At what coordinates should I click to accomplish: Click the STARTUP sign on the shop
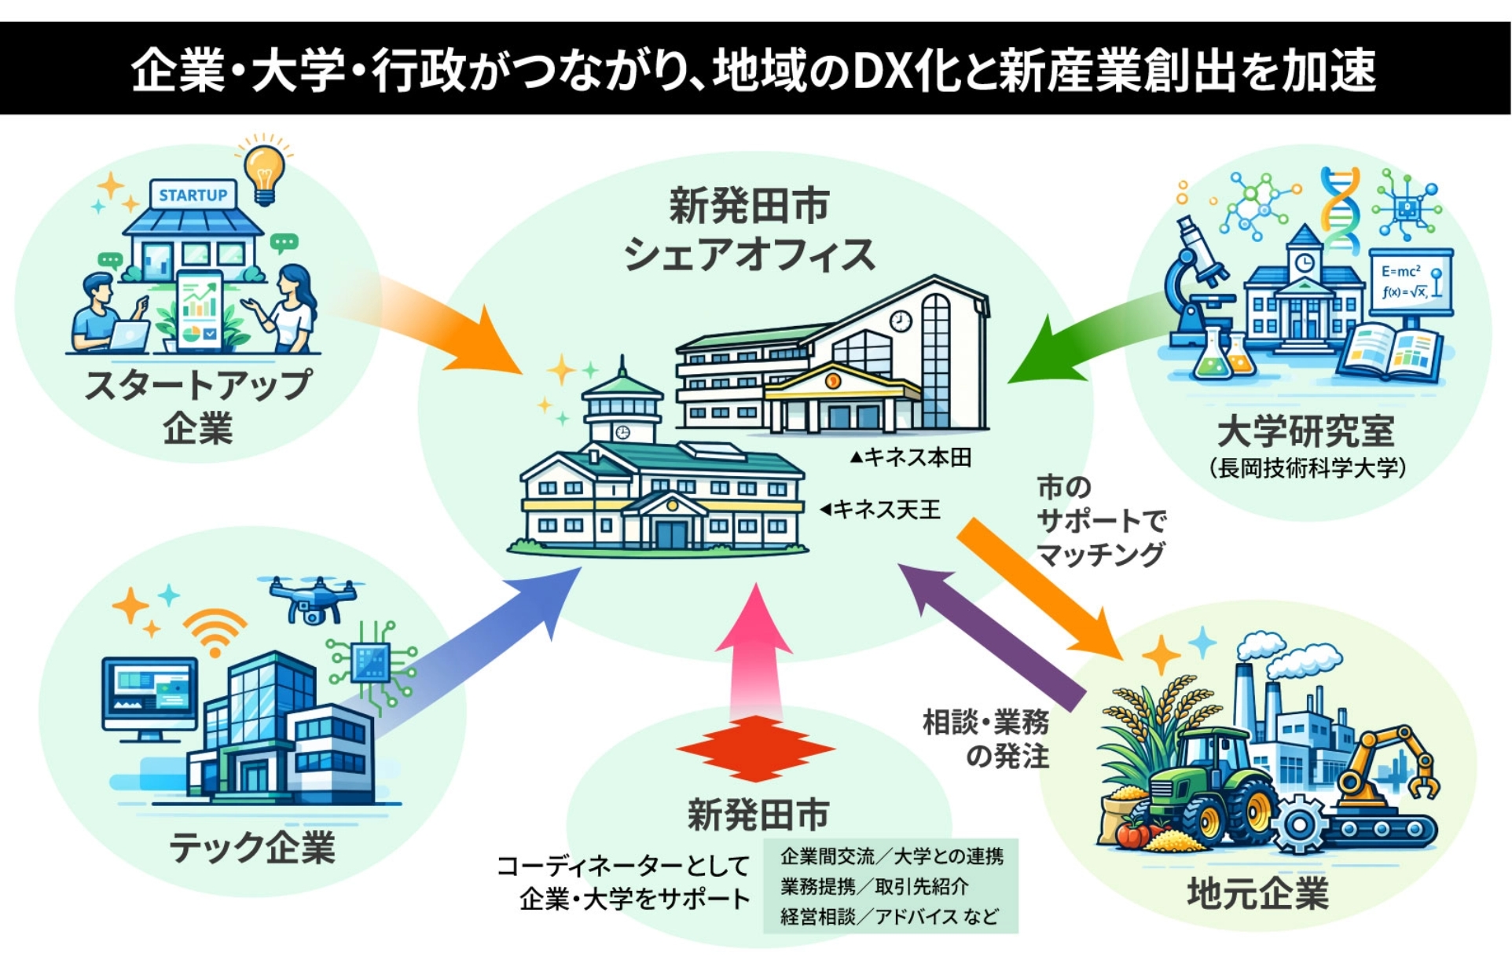193,195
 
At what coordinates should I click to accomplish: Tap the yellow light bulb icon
264,172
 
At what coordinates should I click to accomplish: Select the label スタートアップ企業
198,407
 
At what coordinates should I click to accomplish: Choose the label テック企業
252,848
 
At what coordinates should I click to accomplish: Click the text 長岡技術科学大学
1308,468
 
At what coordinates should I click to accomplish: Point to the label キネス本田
916,457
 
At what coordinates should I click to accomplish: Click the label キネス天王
885,510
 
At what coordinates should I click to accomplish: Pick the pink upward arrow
755,652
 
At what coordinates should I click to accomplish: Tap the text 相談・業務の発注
987,738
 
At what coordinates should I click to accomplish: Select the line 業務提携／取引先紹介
874,886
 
